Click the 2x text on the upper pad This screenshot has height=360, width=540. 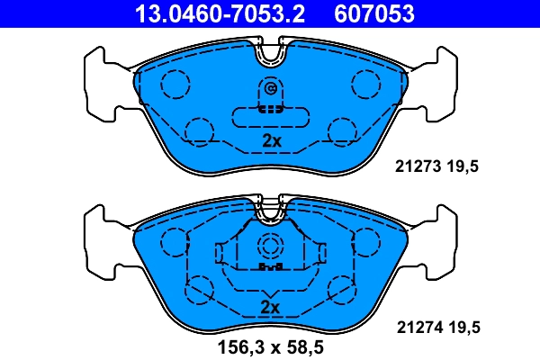[271, 141]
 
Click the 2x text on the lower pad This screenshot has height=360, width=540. [271, 308]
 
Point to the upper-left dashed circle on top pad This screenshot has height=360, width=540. [175, 84]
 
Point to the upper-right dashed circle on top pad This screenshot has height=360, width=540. [366, 84]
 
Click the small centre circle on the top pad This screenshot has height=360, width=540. [271, 88]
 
